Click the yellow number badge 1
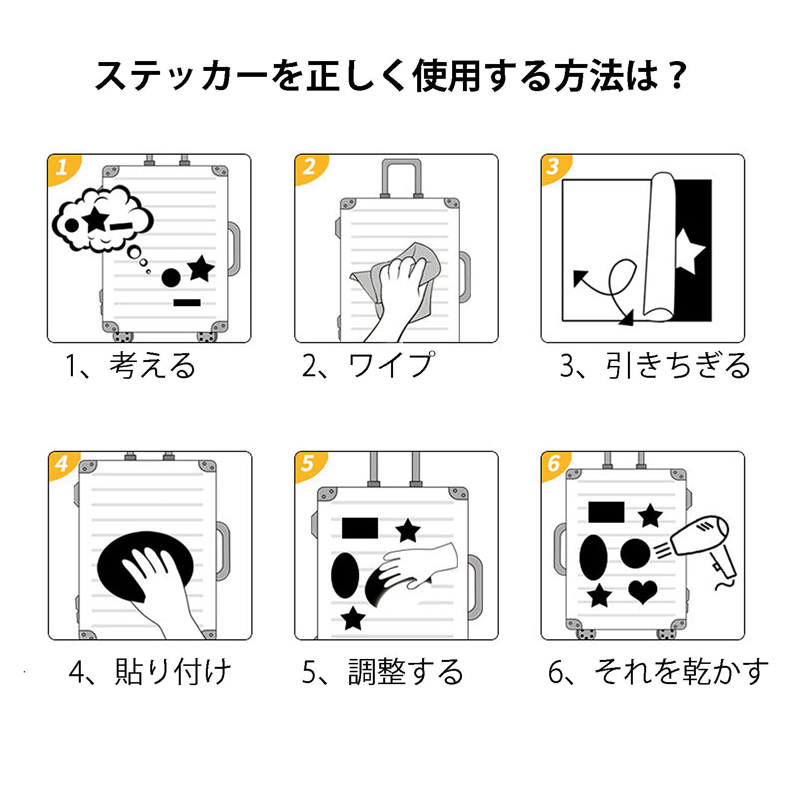coord(62,168)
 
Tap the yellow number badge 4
coord(62,464)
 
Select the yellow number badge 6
coord(555,463)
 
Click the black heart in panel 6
coord(643,591)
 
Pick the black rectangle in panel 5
coord(360,527)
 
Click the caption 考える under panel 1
coord(153,365)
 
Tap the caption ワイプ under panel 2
coord(392,365)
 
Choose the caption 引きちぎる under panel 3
coord(677,365)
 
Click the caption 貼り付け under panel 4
coord(172,672)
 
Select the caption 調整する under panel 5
coord(405,672)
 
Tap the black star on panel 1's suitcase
coord(200,269)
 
